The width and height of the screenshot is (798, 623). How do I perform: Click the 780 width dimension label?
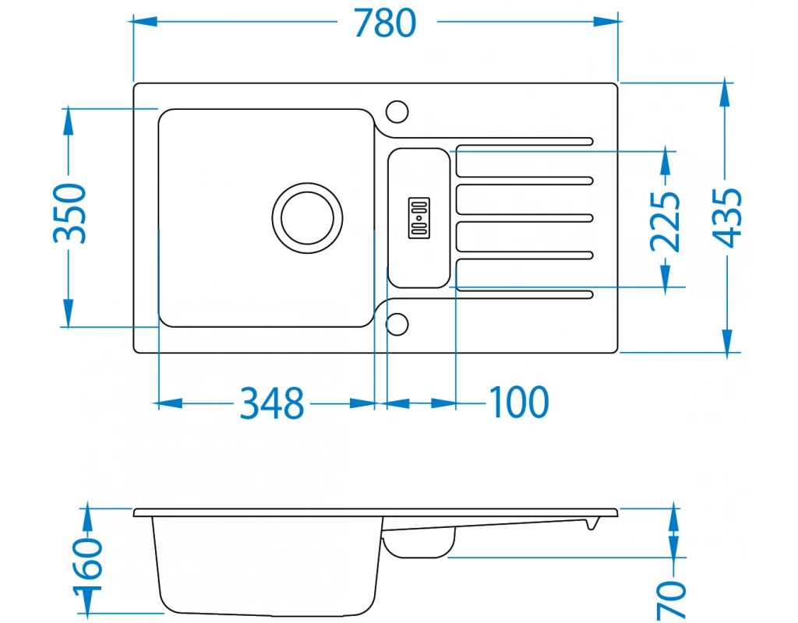[x=385, y=23]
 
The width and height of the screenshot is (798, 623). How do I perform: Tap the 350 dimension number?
[x=70, y=213]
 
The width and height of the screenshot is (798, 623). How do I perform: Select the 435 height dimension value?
[x=727, y=218]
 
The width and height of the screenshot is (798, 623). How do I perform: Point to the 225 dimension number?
[x=666, y=222]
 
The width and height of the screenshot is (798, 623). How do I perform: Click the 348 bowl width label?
[x=272, y=403]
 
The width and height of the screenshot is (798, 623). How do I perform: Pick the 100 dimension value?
[x=519, y=403]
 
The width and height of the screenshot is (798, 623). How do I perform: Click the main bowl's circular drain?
[x=307, y=218]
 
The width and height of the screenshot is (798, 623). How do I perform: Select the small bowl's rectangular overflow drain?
[x=418, y=218]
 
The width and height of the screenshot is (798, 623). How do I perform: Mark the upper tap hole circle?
[x=397, y=111]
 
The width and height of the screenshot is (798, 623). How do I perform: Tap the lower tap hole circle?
[x=397, y=325]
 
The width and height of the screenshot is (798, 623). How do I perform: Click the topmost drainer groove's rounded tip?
[x=590, y=142]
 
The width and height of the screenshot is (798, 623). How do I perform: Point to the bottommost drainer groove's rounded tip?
[x=590, y=294]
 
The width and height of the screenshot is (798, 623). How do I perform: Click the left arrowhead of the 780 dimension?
[x=144, y=21]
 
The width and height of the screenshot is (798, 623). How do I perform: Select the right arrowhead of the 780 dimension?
[x=606, y=21]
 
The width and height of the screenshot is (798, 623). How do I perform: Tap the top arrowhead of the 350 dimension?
[x=68, y=121]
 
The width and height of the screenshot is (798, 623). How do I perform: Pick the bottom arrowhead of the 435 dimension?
[x=727, y=340]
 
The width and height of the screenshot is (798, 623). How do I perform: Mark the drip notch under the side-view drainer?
[x=591, y=524]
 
